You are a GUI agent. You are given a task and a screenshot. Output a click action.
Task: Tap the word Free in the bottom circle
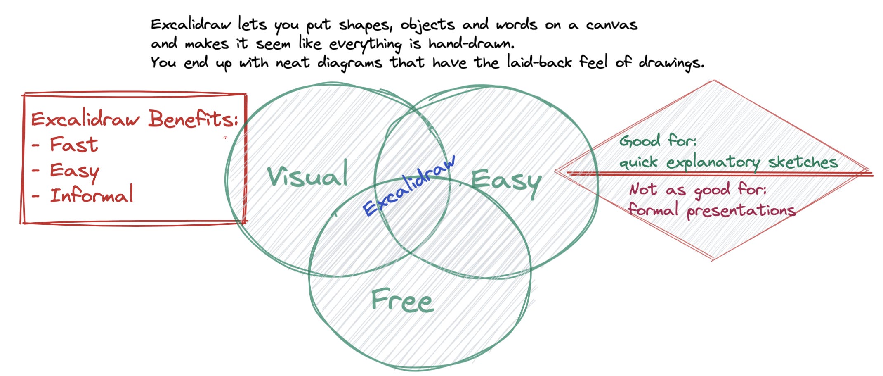[402, 300]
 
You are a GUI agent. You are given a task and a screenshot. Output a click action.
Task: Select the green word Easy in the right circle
[506, 182]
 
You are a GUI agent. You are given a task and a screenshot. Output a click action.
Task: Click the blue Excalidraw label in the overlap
[409, 186]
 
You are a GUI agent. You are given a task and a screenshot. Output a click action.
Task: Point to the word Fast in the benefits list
[74, 145]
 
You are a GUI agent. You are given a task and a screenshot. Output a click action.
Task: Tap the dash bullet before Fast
[36, 145]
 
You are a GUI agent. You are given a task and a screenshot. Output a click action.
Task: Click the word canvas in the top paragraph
[611, 25]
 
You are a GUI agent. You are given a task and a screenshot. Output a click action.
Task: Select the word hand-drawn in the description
[471, 43]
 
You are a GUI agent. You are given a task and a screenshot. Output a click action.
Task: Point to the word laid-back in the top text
[539, 62]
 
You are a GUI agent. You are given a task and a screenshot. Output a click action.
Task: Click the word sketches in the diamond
[803, 162]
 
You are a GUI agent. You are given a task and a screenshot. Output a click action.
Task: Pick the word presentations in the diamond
[741, 211]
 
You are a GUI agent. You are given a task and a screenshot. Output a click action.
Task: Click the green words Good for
[658, 140]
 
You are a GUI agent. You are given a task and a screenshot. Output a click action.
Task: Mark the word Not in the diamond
[643, 190]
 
